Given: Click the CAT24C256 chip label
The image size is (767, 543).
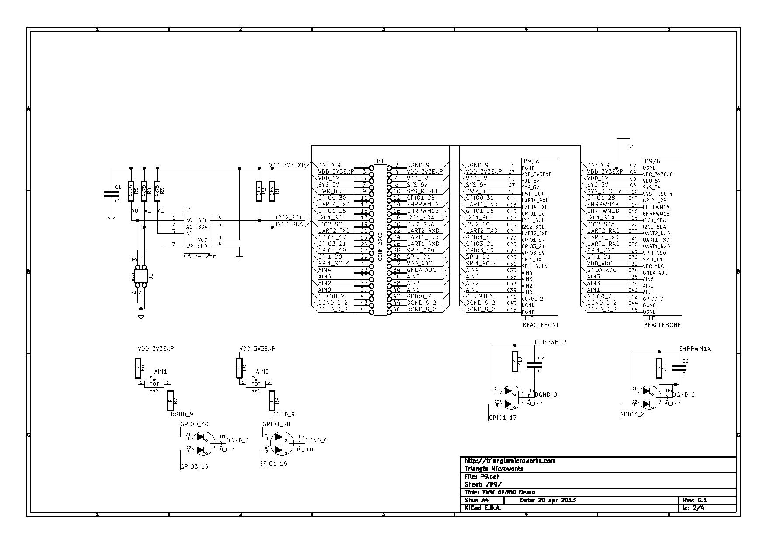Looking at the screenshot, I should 200,256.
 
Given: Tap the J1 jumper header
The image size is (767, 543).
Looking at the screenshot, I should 141,276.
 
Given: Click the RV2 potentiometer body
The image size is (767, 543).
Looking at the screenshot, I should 154,384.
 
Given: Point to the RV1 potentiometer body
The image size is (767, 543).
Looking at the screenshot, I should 256,384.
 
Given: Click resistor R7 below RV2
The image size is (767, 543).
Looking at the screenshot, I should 170,400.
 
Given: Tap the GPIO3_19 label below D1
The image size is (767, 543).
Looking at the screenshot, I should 195,466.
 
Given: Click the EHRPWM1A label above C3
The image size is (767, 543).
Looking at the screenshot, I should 695,349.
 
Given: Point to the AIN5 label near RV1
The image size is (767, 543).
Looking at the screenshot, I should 262,372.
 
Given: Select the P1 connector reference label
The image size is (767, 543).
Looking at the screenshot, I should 380,161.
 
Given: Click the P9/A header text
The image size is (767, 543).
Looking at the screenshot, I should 531,161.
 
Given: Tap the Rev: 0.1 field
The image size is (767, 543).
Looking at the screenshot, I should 694,500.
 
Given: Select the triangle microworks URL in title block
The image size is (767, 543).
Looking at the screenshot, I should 510,461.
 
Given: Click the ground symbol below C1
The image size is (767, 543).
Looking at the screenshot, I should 112,218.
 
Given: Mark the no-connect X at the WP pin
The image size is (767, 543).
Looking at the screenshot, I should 164,247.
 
